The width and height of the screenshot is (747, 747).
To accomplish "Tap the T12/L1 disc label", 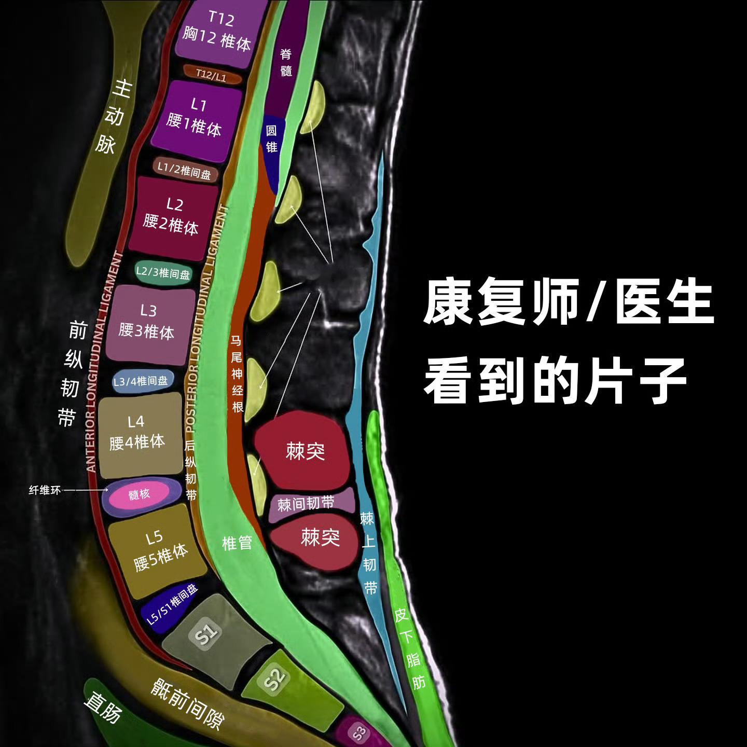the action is pyautogui.click(x=212, y=75).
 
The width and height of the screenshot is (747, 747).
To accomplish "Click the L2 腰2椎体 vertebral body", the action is pyautogui.click(x=172, y=217).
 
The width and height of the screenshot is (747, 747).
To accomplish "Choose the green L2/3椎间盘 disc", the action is pyautogui.click(x=163, y=272).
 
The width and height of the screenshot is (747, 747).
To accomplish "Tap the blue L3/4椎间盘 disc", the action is pyautogui.click(x=141, y=381).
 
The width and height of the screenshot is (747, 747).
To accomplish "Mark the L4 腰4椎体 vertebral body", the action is pyautogui.click(x=138, y=433).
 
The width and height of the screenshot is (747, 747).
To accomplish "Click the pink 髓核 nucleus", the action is pyautogui.click(x=140, y=494).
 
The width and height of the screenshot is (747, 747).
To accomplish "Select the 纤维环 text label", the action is pyautogui.click(x=45, y=490).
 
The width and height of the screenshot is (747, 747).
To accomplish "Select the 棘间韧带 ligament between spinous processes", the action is pyautogui.click(x=306, y=504).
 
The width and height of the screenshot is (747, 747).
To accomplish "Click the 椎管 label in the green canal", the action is pyautogui.click(x=237, y=543).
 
